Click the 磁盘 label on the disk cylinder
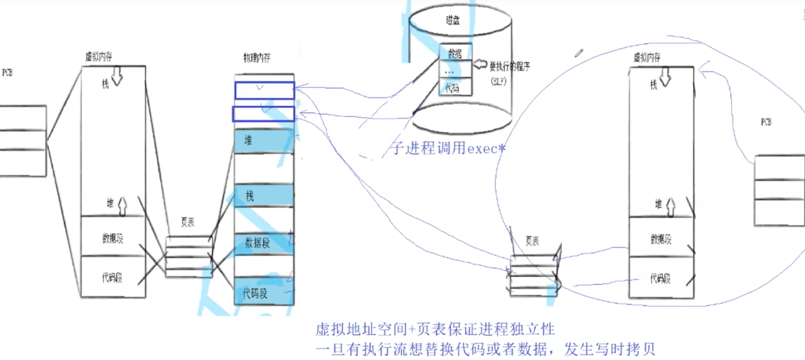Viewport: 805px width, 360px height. [x=452, y=20]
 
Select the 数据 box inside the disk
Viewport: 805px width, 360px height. [x=455, y=54]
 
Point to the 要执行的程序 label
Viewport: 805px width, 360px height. [x=509, y=66]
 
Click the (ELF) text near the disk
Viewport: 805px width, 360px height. [x=498, y=81]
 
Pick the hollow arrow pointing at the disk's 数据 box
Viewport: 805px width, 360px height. [x=480, y=64]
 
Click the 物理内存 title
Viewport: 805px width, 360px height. [x=257, y=58]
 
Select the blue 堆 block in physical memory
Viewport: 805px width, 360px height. [x=263, y=141]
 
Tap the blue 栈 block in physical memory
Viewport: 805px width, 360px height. [x=263, y=196]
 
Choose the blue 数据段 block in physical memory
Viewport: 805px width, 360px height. [x=263, y=243]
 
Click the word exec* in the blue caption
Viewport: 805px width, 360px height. [x=486, y=149]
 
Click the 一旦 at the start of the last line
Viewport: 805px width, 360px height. [x=330, y=349]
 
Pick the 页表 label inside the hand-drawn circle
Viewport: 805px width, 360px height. [x=532, y=241]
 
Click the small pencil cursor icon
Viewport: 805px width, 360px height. [x=578, y=53]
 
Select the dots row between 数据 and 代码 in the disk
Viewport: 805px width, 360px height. [x=449, y=72]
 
